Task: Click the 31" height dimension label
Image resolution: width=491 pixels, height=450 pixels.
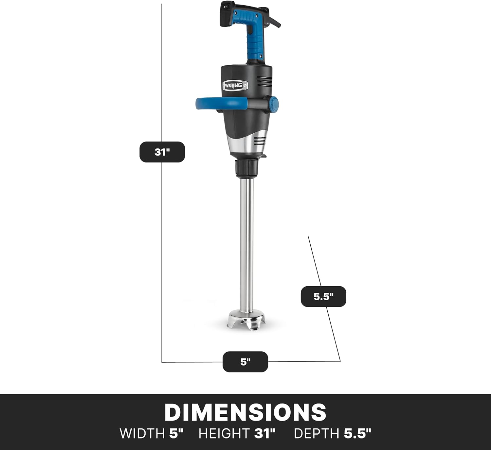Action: click(x=162, y=152)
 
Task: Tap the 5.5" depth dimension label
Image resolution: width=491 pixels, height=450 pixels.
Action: click(x=323, y=296)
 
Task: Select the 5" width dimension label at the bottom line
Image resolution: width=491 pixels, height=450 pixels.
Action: click(x=245, y=362)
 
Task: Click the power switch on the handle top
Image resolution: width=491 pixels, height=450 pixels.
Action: click(x=225, y=6)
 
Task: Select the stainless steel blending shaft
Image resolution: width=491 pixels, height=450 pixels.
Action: click(x=246, y=245)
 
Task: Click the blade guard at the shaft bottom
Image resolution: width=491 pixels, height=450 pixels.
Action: click(x=246, y=320)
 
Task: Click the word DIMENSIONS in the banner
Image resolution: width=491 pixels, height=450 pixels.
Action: click(x=245, y=412)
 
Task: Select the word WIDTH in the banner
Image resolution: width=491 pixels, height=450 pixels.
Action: click(x=142, y=434)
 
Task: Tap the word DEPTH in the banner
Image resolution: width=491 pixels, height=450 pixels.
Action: click(x=316, y=434)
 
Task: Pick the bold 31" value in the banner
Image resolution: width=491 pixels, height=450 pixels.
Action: click(x=265, y=434)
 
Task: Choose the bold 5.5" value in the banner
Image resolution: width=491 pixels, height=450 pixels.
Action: click(x=357, y=434)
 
